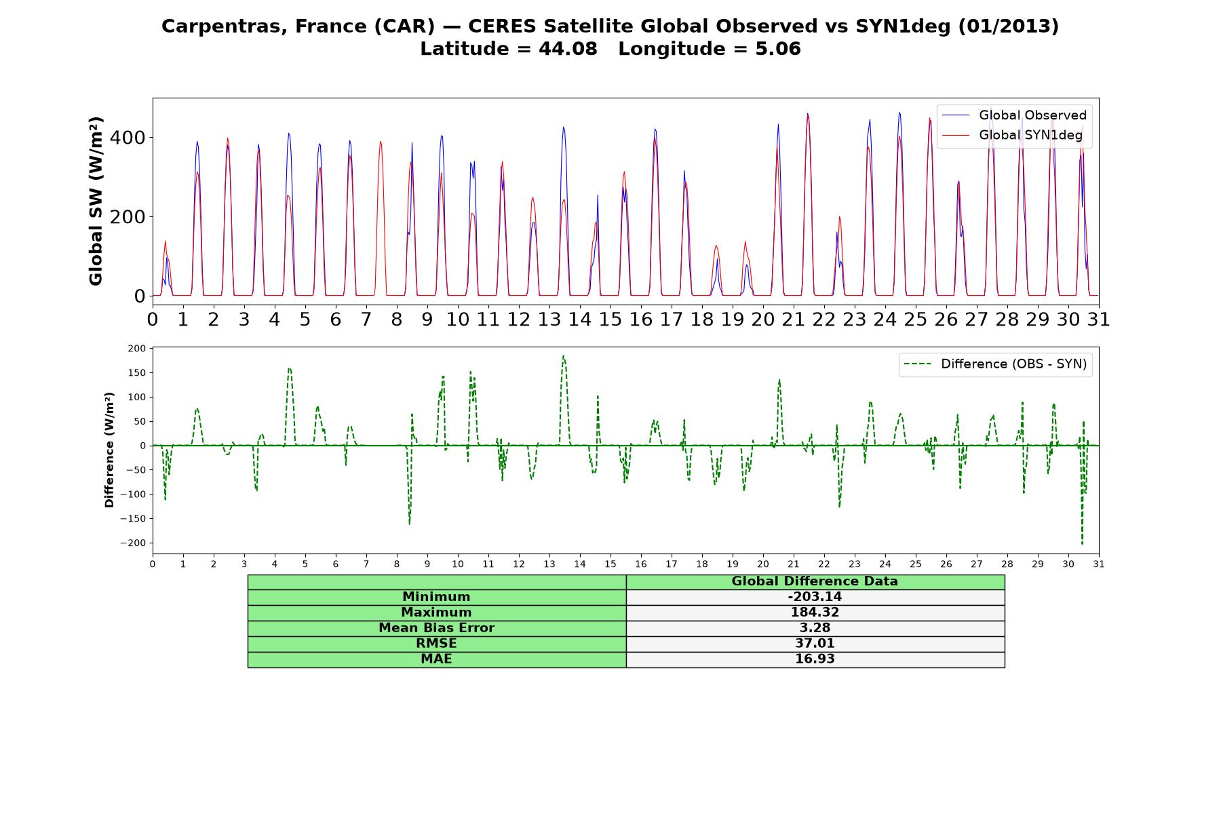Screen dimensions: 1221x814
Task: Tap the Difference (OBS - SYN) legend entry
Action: (996, 364)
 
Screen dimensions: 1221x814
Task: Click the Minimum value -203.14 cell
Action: (815, 597)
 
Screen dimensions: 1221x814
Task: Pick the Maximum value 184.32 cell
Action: (815, 613)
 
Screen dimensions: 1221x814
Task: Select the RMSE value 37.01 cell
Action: (815, 644)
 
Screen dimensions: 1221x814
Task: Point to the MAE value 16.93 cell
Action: (815, 659)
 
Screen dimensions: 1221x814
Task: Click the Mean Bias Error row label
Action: (436, 628)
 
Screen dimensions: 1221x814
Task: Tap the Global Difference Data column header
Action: (815, 581)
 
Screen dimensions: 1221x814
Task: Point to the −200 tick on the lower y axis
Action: (133, 543)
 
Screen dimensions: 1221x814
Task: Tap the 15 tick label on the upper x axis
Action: (610, 319)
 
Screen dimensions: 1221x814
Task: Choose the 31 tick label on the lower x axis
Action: (1099, 564)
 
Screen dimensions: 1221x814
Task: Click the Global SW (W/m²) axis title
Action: (96, 201)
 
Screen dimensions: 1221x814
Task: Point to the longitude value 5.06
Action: (778, 49)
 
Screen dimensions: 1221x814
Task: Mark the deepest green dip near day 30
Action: (1082, 544)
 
